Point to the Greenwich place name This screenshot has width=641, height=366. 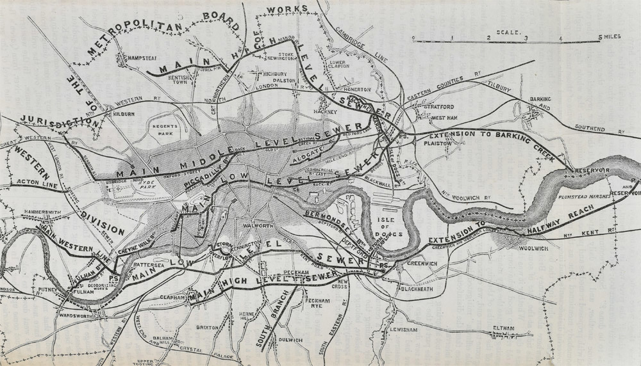tap(422, 262)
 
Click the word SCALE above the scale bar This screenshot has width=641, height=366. tap(508, 31)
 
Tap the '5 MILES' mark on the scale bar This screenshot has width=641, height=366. tap(609, 38)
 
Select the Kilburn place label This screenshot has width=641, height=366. tap(126, 114)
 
